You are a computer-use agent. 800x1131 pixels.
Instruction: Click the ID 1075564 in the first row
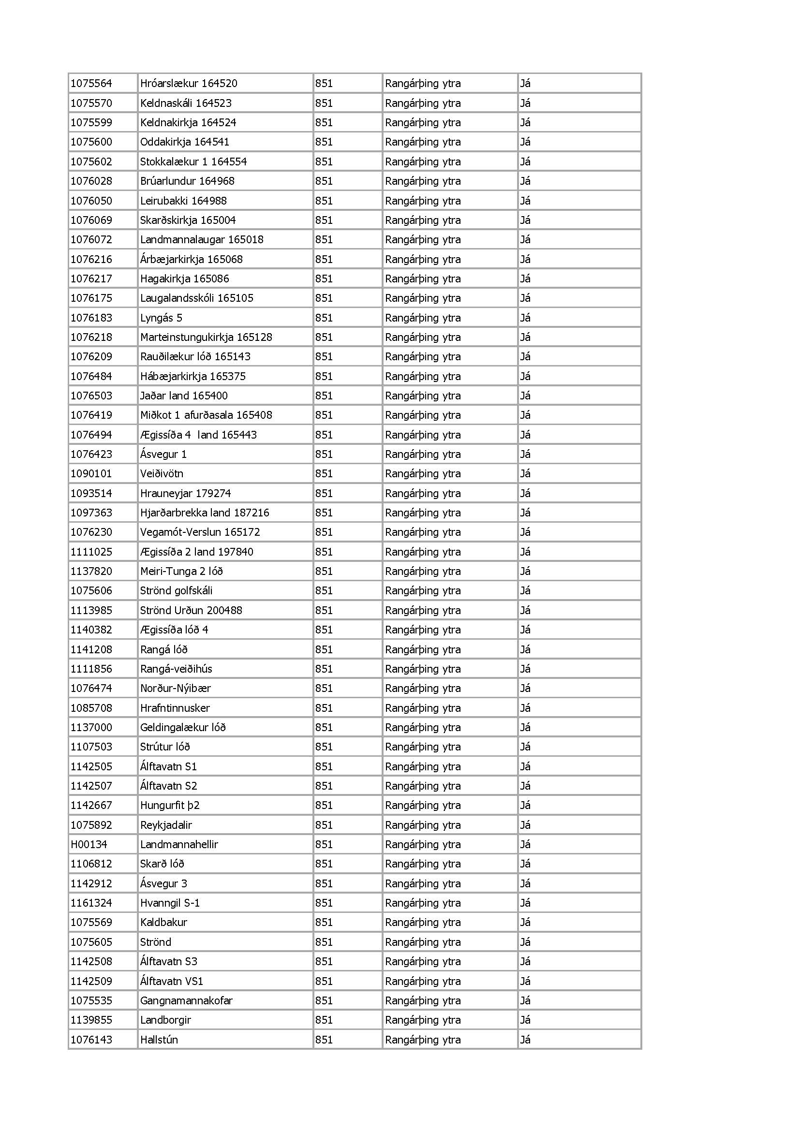[91, 83]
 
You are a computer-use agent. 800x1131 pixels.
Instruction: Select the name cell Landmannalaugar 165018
[202, 239]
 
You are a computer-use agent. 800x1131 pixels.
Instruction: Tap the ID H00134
[89, 844]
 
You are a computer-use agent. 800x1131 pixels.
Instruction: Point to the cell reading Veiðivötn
[162, 473]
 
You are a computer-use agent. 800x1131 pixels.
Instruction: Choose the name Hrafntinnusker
[175, 708]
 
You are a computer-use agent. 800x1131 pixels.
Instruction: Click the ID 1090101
[91, 473]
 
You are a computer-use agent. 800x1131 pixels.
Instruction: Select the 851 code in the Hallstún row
[324, 1040]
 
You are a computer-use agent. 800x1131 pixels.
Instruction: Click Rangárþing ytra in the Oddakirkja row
[423, 142]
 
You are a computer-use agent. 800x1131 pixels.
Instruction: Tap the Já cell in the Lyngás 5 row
[525, 318]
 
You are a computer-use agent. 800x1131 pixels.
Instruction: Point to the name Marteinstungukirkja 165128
[206, 337]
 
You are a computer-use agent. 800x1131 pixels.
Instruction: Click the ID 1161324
[91, 903]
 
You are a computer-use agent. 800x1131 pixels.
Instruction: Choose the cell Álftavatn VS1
[171, 981]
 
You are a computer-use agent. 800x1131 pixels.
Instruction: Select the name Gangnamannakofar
[186, 1000]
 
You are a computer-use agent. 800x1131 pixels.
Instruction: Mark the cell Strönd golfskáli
[177, 590]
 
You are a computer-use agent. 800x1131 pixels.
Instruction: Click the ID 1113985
[91, 610]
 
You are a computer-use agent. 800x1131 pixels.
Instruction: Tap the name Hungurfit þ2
[169, 806]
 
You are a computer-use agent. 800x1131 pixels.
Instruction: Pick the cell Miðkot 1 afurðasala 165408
[206, 415]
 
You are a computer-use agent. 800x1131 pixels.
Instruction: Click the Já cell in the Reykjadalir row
[525, 824]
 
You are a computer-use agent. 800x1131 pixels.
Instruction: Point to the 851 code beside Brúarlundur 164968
[324, 181]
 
